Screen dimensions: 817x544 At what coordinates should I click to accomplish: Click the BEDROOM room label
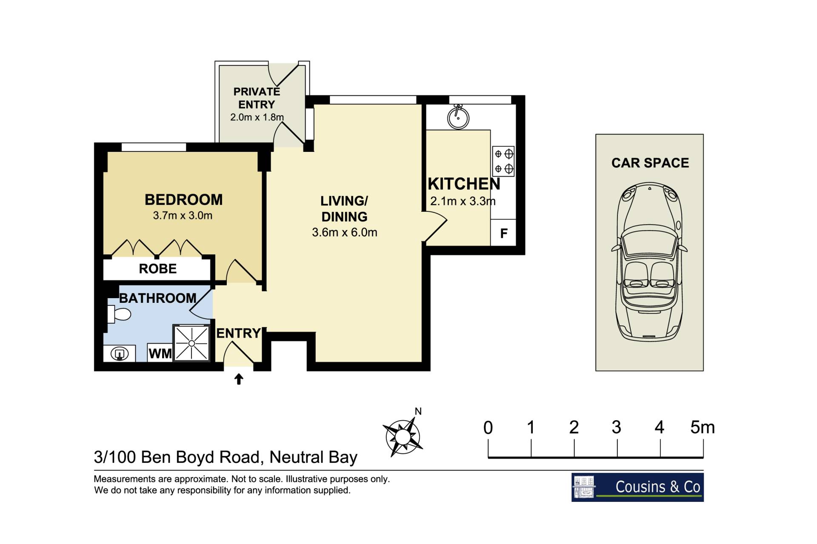pyautogui.click(x=183, y=199)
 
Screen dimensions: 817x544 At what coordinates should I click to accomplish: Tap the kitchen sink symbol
pyautogui.click(x=458, y=117)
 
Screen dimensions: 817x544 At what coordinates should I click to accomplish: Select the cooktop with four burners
pyautogui.click(x=503, y=161)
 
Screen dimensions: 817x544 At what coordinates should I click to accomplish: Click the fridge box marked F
pyautogui.click(x=503, y=233)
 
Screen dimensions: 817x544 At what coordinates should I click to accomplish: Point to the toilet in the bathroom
pyautogui.click(x=119, y=314)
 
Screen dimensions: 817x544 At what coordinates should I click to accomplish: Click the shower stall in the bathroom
pyautogui.click(x=191, y=343)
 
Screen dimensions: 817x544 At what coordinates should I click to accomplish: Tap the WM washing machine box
pyautogui.click(x=160, y=353)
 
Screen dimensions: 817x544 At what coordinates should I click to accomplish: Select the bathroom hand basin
pyautogui.click(x=120, y=353)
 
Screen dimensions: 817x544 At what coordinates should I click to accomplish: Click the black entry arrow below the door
pyautogui.click(x=239, y=379)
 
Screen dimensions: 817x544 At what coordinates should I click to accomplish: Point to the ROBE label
pyautogui.click(x=157, y=269)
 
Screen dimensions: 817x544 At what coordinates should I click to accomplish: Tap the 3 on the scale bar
pyautogui.click(x=617, y=427)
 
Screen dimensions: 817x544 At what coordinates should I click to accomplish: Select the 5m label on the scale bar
pyautogui.click(x=703, y=427)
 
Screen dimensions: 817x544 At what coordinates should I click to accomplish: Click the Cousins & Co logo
pyautogui.click(x=637, y=487)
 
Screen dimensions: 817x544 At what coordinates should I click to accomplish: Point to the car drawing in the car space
pyautogui.click(x=649, y=261)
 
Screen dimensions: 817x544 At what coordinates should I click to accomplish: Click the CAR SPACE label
pyautogui.click(x=650, y=163)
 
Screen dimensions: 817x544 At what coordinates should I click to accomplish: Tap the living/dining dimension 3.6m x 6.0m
pyautogui.click(x=345, y=232)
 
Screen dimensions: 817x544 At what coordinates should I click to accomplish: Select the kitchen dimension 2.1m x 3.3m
pyautogui.click(x=463, y=201)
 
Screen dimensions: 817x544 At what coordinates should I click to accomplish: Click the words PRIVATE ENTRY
pyautogui.click(x=257, y=98)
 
